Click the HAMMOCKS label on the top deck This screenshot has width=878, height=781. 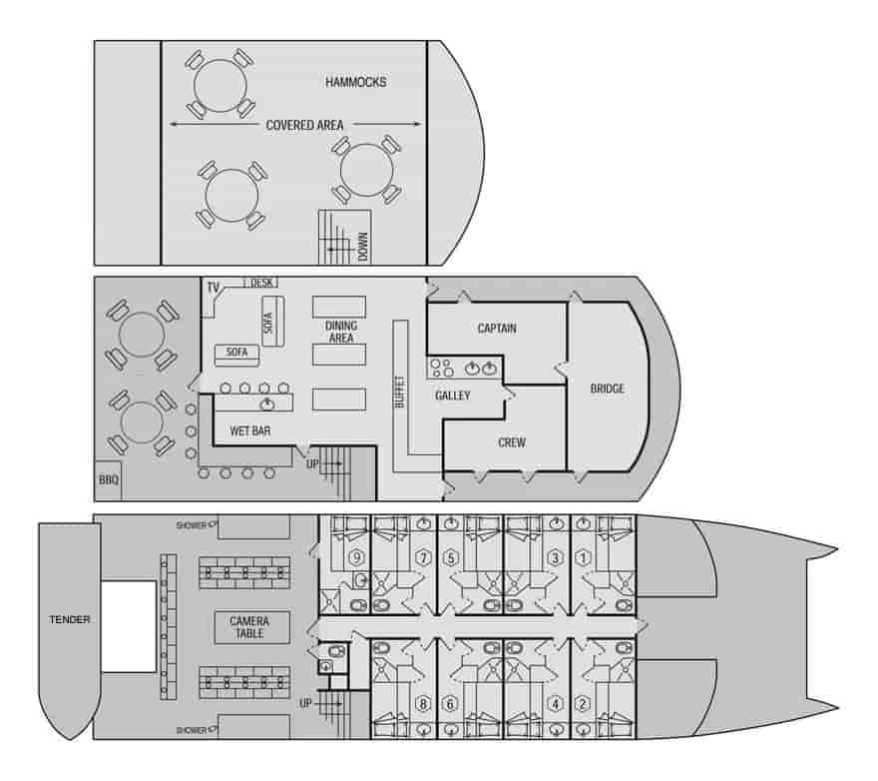coord(355,82)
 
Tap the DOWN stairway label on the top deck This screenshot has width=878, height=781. coord(363,247)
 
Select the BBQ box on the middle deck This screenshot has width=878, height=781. coord(109,480)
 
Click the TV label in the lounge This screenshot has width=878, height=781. coord(214,288)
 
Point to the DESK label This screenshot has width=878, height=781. coord(261,283)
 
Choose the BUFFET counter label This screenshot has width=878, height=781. coord(400,391)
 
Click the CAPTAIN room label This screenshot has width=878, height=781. coord(497,328)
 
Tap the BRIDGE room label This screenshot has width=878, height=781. coord(607,389)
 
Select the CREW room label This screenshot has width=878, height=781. coord(512,442)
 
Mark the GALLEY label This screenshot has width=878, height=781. coord(452,395)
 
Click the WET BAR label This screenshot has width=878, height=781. coord(250,431)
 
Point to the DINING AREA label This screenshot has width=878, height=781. coord(341,332)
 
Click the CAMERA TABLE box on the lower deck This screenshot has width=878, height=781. coord(252,627)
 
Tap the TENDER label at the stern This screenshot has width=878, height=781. coord(70,619)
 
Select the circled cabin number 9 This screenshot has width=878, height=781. coord(357,558)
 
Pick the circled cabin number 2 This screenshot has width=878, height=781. coord(583,703)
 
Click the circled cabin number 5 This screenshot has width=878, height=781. coord(451,558)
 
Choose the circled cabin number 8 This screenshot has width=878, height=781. coord(423,703)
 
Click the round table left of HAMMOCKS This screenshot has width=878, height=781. coord(220,85)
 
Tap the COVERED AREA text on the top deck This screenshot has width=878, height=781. coord(304,125)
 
